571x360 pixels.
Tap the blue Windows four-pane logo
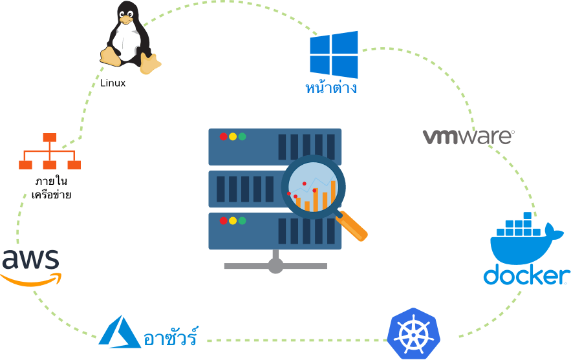334,54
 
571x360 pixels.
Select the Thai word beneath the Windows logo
330,87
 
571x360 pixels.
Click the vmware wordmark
468,136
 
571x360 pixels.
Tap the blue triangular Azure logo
120,331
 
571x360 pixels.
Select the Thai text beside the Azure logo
170,337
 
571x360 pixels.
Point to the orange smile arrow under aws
32,279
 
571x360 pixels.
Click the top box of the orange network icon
50,138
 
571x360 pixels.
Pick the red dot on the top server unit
223,136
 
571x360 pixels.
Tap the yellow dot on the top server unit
233,136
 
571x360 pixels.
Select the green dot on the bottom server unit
242,220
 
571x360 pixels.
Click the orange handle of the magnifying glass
352,226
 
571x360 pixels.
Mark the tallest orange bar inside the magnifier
333,194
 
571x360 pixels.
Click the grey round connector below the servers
275,266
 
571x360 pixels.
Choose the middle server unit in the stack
246,189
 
